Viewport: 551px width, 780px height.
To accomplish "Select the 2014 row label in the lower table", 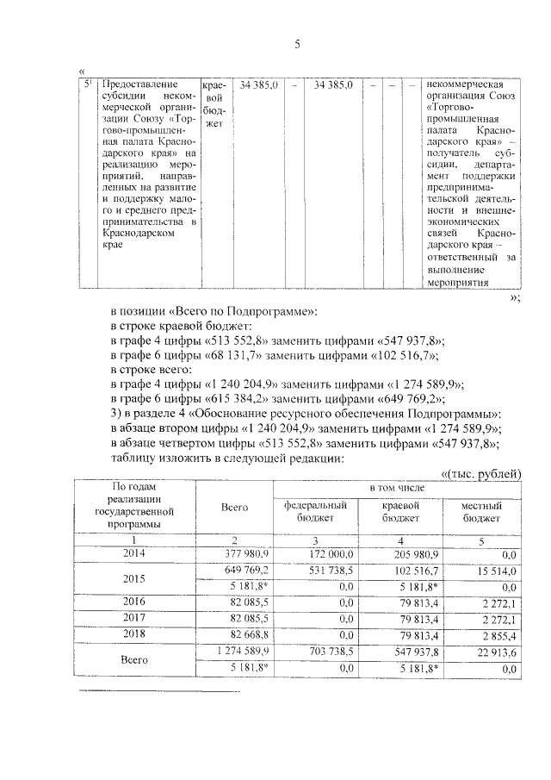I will [133, 553].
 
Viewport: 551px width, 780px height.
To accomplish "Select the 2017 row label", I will [133, 617].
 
